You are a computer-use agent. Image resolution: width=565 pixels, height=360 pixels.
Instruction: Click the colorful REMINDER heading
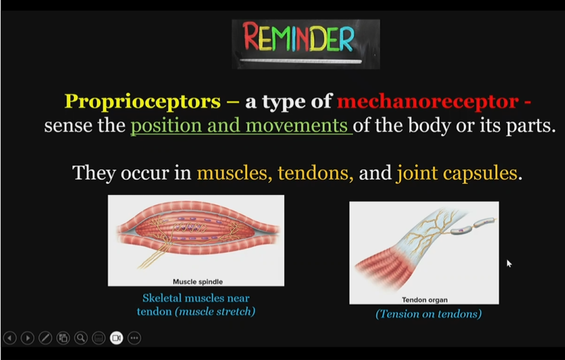pos(299,38)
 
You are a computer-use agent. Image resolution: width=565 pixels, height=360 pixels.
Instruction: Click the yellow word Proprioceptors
pos(143,101)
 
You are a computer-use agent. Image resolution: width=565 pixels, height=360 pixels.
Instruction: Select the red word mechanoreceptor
pos(428,101)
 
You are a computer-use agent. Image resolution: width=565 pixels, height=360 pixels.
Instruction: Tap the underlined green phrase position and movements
pos(241,127)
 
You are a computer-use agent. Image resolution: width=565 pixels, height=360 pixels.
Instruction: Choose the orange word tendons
pos(315,173)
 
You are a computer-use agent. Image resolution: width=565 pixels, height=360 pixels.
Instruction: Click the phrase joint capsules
pos(457,173)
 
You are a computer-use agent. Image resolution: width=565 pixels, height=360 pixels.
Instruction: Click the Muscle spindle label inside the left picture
pos(198,281)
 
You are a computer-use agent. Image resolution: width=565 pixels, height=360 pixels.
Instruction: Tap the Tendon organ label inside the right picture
pos(425,300)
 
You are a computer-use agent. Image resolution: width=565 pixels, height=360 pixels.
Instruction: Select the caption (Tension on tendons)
pos(428,314)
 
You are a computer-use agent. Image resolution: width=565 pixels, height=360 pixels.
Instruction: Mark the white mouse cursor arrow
pos(509,263)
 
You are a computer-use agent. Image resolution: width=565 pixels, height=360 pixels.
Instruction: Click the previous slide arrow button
pos(10,338)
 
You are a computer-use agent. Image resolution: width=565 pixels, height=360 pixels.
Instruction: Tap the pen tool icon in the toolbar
pos(45,338)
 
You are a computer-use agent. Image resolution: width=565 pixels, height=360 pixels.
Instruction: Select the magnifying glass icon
pos(80,338)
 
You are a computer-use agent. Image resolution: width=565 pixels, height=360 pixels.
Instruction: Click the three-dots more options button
pos(134,338)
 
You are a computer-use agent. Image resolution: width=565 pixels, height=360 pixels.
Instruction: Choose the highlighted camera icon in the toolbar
pos(116,338)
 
